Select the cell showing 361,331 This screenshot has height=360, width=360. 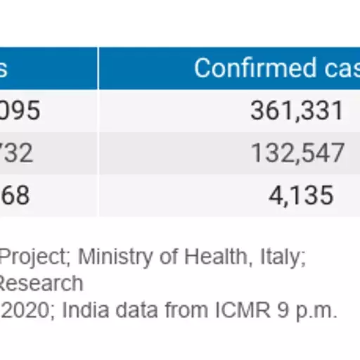(x=297, y=111)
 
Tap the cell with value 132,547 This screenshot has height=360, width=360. (x=297, y=153)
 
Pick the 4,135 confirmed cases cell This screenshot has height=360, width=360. (x=301, y=195)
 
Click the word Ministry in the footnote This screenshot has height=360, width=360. (x=107, y=257)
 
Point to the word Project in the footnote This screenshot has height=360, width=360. (x=33, y=257)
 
